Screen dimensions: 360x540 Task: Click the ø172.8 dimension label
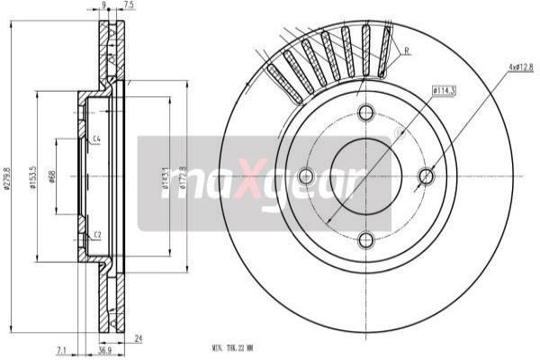pos(183,176)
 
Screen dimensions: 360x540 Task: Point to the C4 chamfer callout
pos(96,138)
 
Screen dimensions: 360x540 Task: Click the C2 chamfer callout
pos(96,235)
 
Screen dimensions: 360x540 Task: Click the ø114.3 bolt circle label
pos(444,89)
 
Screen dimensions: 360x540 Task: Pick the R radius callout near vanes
pos(407,51)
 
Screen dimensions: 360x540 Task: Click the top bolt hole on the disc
pos(365,112)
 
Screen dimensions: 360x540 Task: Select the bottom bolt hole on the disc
pos(365,239)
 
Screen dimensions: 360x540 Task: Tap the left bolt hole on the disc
pos(305,176)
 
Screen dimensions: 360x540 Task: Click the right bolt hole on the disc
pos(427,176)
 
